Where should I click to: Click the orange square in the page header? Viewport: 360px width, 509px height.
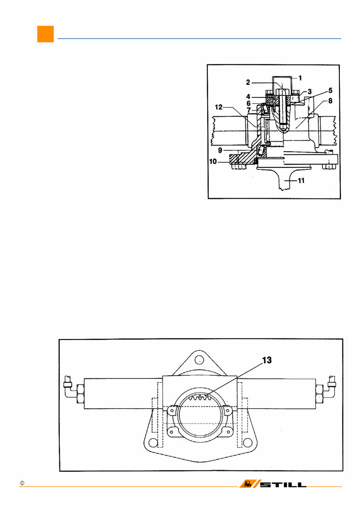click(x=46, y=34)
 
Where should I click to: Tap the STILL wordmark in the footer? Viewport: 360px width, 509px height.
click(x=283, y=485)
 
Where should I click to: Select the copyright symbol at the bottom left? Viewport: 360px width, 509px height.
click(x=22, y=484)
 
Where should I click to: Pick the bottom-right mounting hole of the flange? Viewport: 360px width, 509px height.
click(x=248, y=442)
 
